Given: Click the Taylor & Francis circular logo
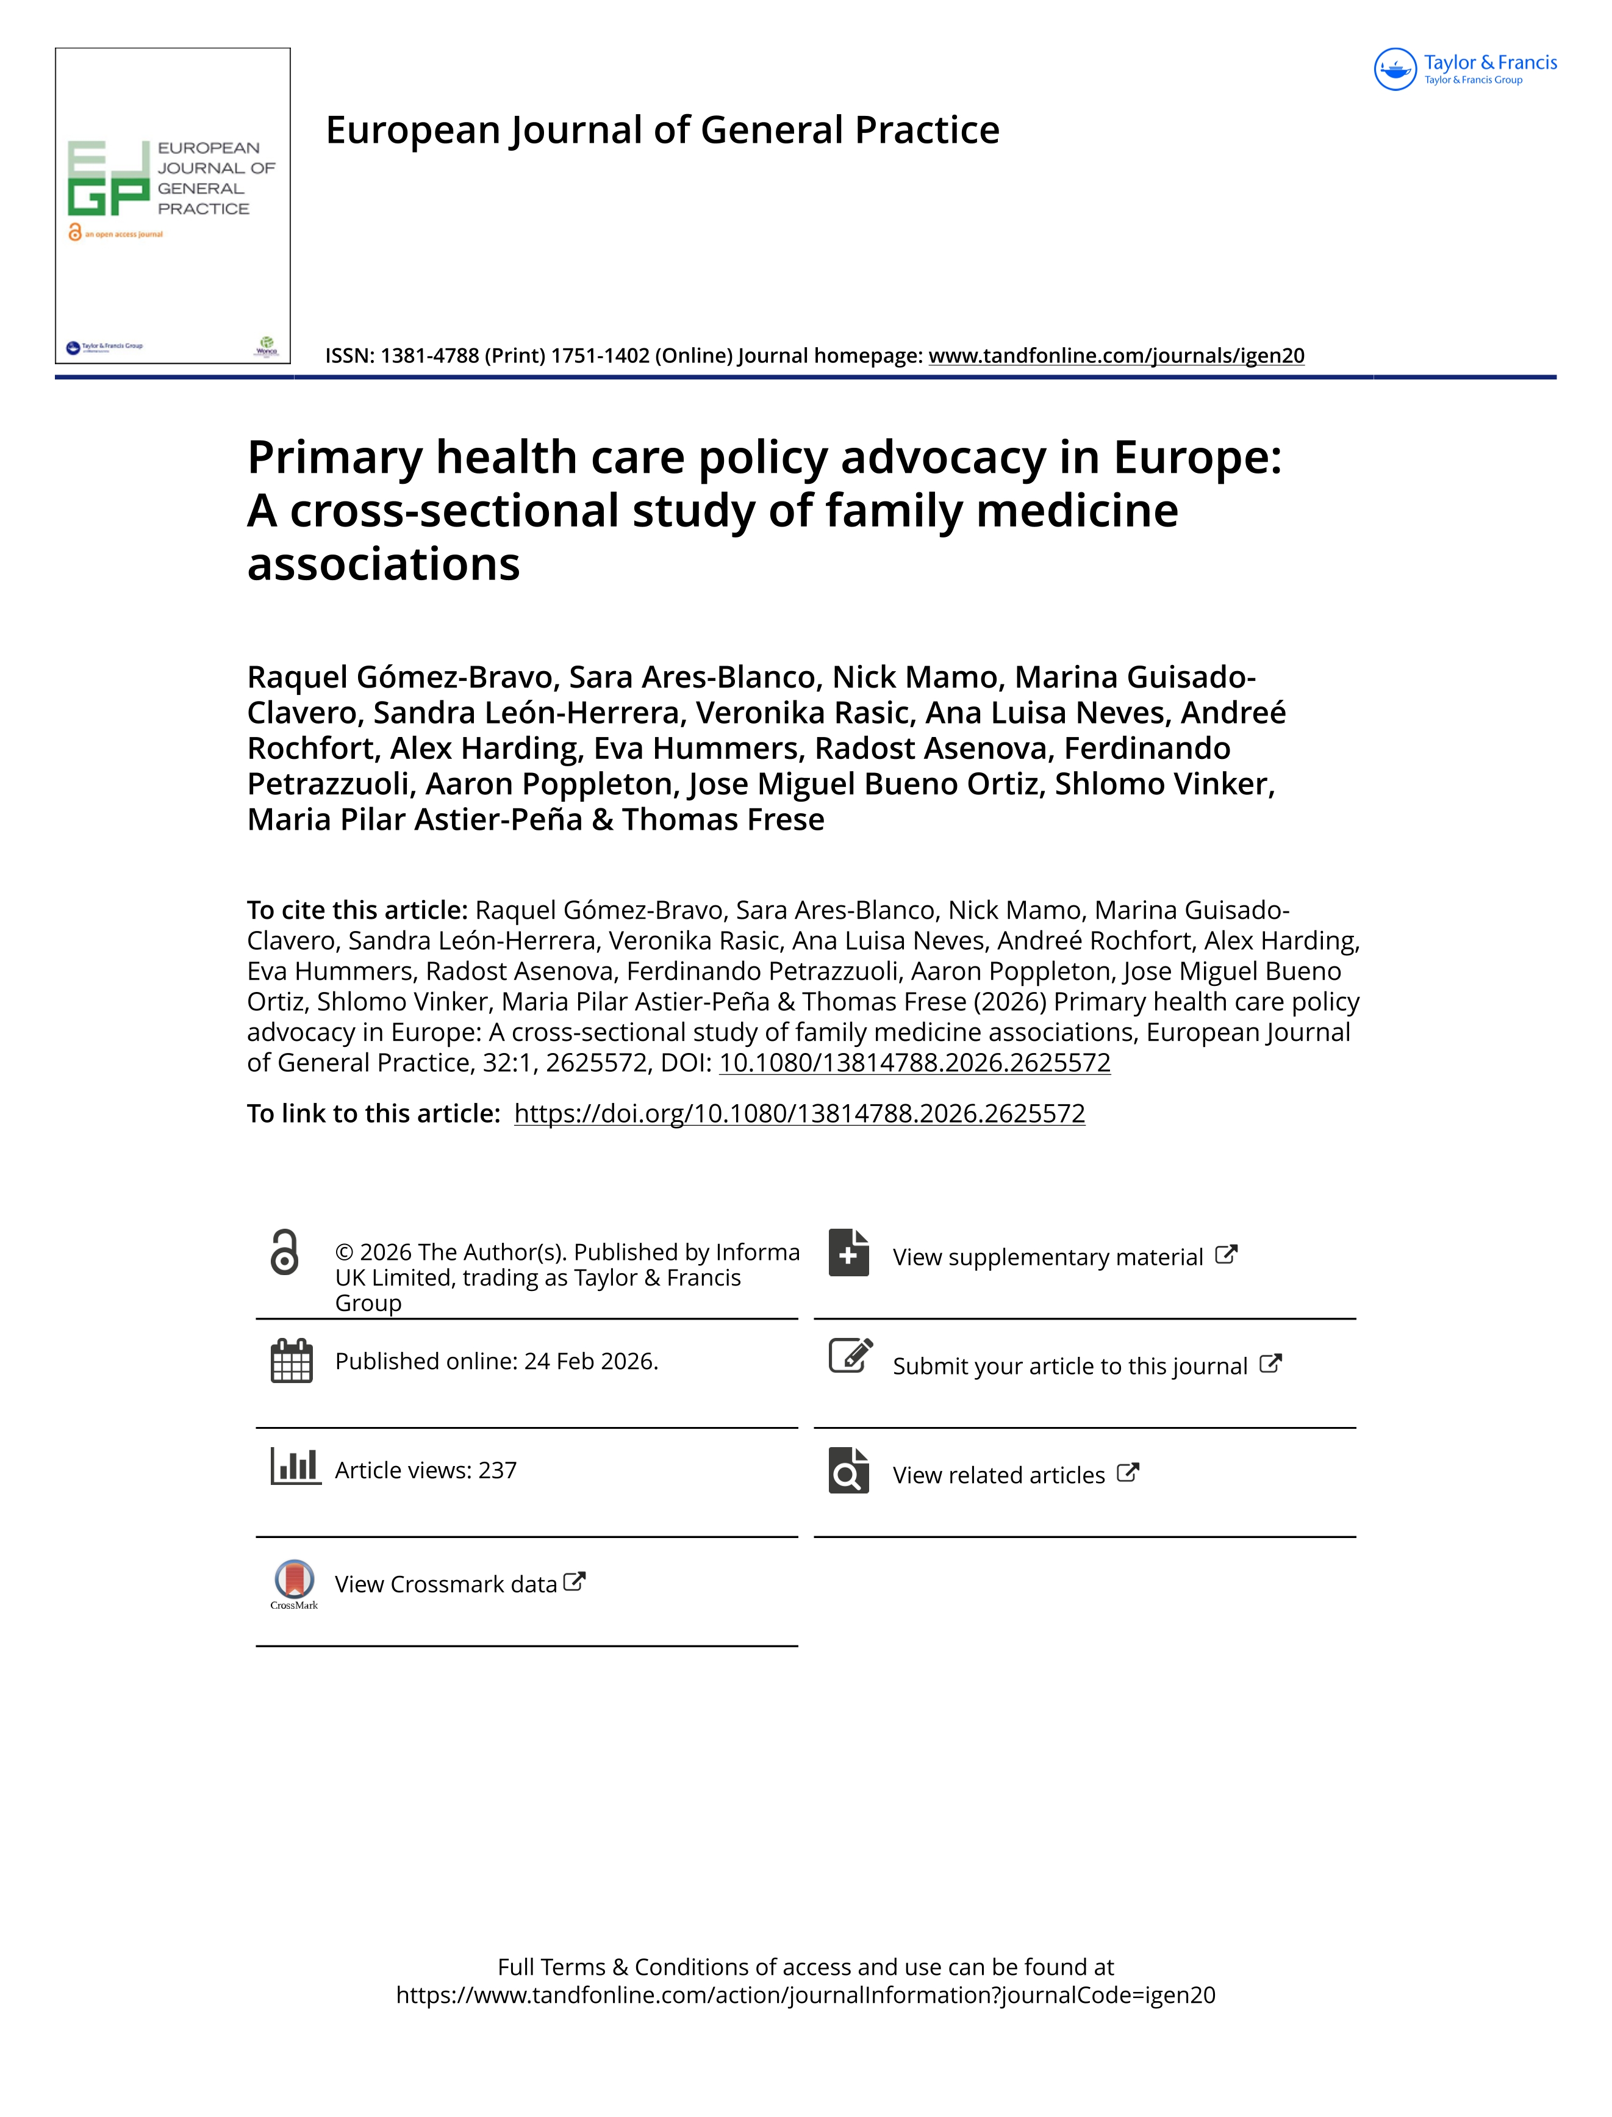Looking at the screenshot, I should pyautogui.click(x=1395, y=69).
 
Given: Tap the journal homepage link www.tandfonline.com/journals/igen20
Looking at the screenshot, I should pyautogui.click(x=1116, y=356).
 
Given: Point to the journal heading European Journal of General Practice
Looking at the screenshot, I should pyautogui.click(x=662, y=131).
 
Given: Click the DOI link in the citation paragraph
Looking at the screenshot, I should pyautogui.click(x=914, y=1063).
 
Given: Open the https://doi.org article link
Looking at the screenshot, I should pyautogui.click(x=799, y=1114).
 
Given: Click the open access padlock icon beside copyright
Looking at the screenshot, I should pyautogui.click(x=285, y=1253).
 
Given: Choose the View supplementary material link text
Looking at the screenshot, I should pyautogui.click(x=1047, y=1257).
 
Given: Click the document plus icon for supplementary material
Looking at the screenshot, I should pyautogui.click(x=848, y=1253).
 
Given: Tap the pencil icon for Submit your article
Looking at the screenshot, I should pyautogui.click(x=850, y=1356).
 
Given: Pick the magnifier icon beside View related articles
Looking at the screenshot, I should pyautogui.click(x=848, y=1470).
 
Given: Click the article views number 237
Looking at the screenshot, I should pyautogui.click(x=497, y=1470).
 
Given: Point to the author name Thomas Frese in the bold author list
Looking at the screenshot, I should pyautogui.click(x=723, y=819).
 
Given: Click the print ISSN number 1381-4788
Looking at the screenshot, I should pyautogui.click(x=430, y=356).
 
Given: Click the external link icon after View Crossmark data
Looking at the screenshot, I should pyautogui.click(x=574, y=1581).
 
